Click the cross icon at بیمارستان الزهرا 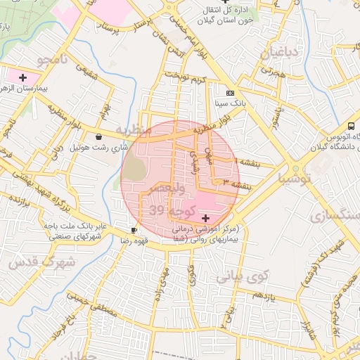click(23, 77)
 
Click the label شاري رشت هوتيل click(99, 148)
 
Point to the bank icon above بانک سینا click(230, 94)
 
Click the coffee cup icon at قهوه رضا click(134, 230)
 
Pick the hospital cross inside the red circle click(205, 219)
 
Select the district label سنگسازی click(329, 214)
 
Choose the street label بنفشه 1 click(247, 162)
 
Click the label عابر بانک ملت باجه click(78, 226)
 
